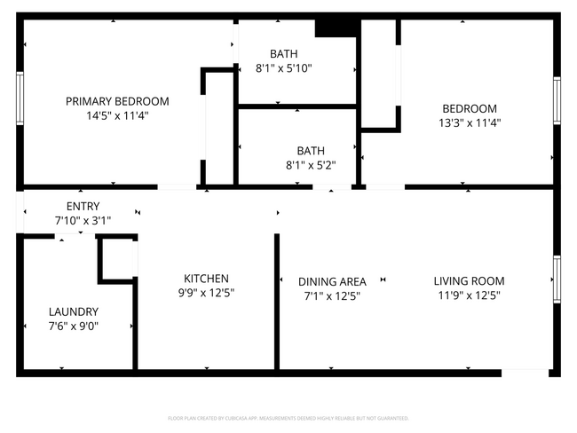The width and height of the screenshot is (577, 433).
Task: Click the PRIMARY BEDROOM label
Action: [117, 101]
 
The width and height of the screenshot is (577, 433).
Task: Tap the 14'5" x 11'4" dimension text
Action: [117, 115]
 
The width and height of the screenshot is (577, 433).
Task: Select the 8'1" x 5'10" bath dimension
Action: [284, 67]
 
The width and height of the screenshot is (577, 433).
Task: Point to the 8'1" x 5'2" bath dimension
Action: [311, 164]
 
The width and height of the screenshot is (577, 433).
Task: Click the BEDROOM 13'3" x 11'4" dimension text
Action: [470, 122]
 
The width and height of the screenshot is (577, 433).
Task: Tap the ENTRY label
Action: [83, 207]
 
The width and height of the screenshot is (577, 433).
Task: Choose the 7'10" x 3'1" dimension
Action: [83, 221]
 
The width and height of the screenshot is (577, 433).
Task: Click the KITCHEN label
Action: [206, 278]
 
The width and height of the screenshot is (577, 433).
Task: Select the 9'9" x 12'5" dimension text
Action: [206, 292]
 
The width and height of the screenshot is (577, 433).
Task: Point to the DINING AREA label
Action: [332, 281]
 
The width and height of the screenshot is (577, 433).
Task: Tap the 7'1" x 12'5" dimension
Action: [332, 295]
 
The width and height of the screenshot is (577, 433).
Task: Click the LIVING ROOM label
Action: [469, 281]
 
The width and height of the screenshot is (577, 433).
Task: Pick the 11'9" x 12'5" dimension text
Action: [469, 295]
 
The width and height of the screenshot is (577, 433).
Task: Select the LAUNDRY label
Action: [74, 311]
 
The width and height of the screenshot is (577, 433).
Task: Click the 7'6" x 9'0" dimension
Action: [74, 326]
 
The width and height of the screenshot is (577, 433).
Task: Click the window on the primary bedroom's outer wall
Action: [20, 101]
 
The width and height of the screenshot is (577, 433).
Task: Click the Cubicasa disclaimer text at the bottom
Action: [288, 417]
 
